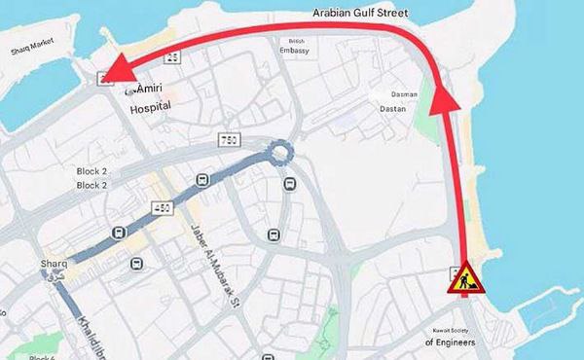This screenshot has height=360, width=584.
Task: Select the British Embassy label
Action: [294, 46]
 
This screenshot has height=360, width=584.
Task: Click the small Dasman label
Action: [404, 94]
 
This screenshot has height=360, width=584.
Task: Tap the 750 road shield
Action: [230, 142]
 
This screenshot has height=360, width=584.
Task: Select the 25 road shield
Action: [171, 60]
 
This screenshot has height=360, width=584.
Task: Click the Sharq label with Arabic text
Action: [54, 269]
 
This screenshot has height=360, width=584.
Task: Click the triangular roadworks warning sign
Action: [462, 279]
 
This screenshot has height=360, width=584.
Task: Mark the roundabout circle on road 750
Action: [281, 152]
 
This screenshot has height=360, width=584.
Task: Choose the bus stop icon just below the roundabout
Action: [289, 184]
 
